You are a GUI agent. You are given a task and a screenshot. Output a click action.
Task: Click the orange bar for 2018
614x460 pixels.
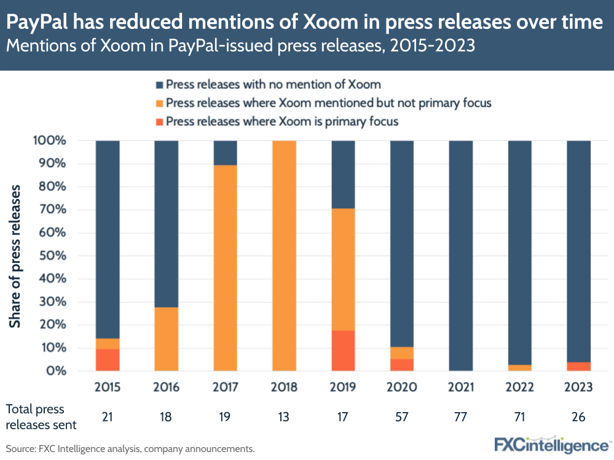[x=284, y=255]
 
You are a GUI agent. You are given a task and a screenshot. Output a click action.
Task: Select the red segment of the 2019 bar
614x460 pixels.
[x=343, y=351]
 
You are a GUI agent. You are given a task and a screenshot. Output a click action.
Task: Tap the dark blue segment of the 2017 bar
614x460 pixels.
[x=225, y=153]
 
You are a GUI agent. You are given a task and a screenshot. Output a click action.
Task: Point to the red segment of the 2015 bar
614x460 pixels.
[x=108, y=360]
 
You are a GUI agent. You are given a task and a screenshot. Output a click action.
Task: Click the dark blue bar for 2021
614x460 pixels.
[x=461, y=255]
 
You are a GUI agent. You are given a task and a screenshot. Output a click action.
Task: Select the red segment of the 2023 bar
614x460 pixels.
[x=578, y=367]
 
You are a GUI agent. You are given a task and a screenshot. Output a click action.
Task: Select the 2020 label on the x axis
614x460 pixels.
[x=402, y=388]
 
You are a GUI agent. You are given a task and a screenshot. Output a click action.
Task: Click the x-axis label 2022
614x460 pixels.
[x=519, y=388]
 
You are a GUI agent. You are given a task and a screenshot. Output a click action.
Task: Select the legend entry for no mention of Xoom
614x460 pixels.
[x=274, y=85]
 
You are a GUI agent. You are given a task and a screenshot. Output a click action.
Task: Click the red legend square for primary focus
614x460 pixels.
[x=160, y=122]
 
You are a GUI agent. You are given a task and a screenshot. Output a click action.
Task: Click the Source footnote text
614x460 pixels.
[x=130, y=449]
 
